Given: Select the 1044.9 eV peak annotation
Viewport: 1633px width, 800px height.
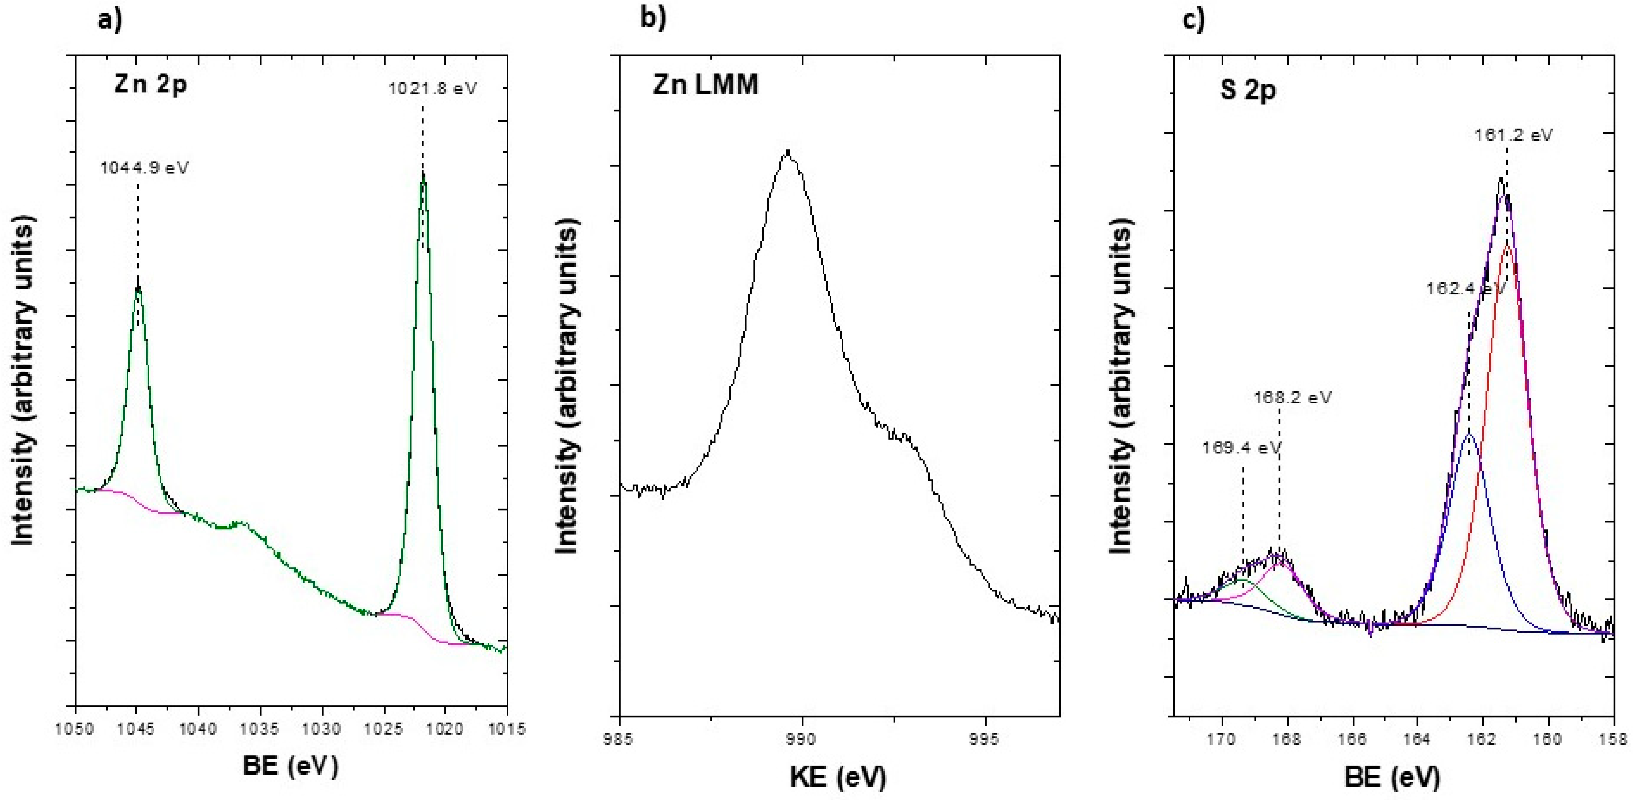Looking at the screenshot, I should click(x=144, y=168).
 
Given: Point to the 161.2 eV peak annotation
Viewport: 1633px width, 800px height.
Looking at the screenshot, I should click(x=1513, y=135).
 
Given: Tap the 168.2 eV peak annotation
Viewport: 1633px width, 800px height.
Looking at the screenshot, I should click(x=1292, y=398).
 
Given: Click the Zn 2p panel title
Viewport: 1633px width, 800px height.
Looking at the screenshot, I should click(x=150, y=84).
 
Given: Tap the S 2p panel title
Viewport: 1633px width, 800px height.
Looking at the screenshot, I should click(x=1248, y=90).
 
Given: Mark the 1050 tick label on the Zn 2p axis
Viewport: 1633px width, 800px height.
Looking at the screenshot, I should click(x=75, y=729).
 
